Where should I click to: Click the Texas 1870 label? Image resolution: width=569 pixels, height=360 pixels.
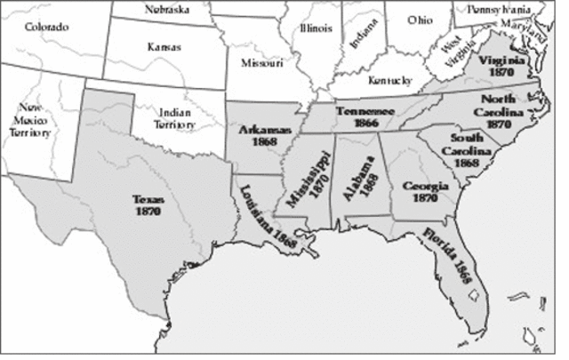pyautogui.click(x=147, y=207)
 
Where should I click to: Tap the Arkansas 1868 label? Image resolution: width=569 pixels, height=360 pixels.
pyautogui.click(x=259, y=136)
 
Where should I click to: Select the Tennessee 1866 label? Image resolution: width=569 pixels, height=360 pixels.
pyautogui.click(x=365, y=117)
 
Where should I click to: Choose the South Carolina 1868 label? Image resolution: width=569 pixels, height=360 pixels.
pyautogui.click(x=466, y=150)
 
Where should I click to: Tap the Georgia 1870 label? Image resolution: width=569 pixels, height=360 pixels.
pyautogui.click(x=419, y=192)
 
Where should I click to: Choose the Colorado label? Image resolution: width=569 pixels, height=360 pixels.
pyautogui.click(x=45, y=27)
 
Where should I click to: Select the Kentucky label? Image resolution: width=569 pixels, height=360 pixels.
pyautogui.click(x=392, y=79)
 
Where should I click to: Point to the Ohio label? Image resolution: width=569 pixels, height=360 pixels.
pyautogui.click(x=421, y=19)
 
